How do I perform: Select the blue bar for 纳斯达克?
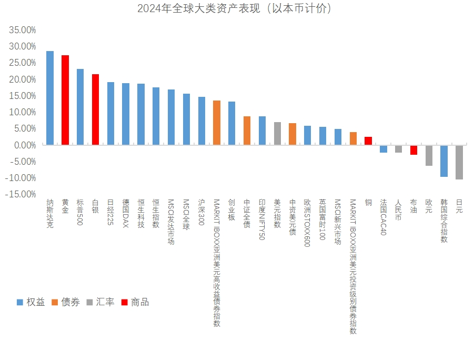point(50,98)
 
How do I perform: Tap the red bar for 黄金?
point(65,100)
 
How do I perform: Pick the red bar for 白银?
point(95,109)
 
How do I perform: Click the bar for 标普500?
point(80,107)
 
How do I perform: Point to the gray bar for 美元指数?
point(277,134)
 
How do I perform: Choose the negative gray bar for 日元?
point(459,162)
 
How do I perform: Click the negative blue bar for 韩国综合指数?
point(444,161)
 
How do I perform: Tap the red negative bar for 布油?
point(414,150)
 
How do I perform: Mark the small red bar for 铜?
point(368,141)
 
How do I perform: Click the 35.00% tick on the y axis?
point(23,30)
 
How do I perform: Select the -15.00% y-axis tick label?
point(22,194)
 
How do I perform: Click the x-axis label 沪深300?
point(201,213)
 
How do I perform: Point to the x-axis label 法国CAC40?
point(383,217)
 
